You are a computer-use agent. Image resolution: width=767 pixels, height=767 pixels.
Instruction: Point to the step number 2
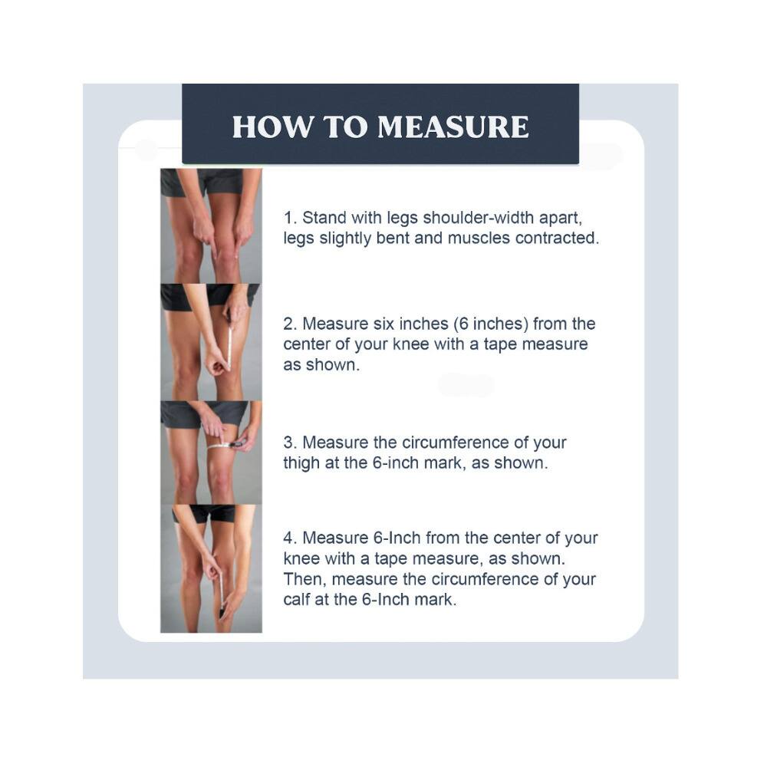coord(288,324)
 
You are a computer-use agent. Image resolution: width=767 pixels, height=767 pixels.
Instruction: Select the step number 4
coord(288,538)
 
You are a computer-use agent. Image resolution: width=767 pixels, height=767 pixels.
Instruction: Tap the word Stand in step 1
coord(322,218)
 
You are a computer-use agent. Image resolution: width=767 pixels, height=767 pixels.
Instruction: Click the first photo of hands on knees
coord(211,225)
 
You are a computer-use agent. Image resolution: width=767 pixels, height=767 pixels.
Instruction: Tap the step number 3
coord(288,443)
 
